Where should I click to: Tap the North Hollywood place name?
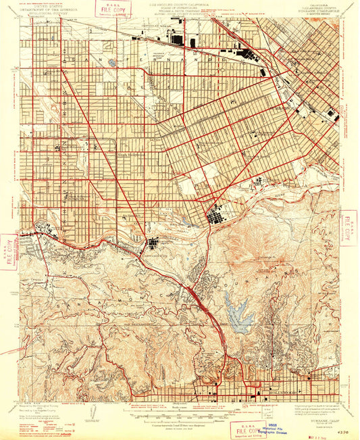click(x=132, y=154)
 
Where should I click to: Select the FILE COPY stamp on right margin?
click(x=349, y=228)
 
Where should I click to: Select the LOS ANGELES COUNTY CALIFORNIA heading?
click(x=180, y=4)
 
